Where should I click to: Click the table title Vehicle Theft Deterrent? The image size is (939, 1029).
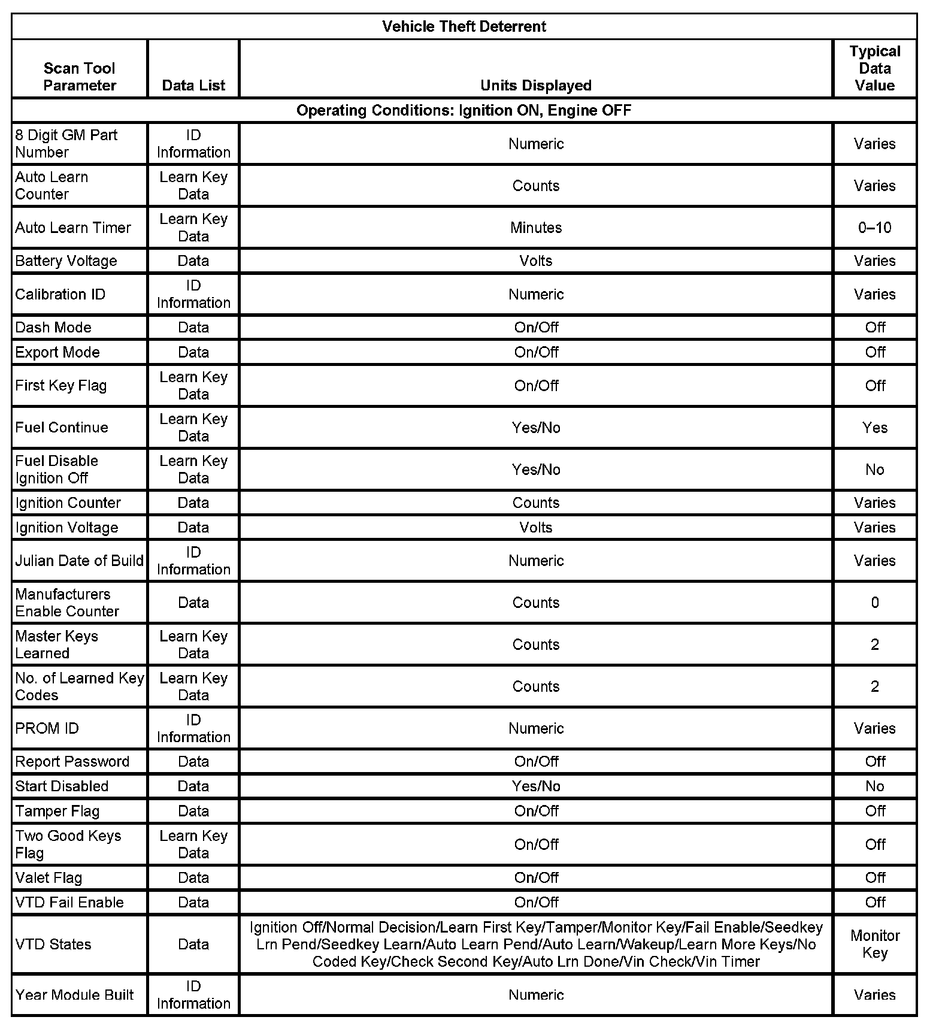click(x=464, y=26)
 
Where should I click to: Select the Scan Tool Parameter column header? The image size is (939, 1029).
click(x=79, y=77)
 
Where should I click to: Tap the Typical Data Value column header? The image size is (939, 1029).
click(x=874, y=68)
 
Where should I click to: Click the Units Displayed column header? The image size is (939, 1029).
click(x=535, y=85)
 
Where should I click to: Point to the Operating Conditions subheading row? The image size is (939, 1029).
click(x=464, y=110)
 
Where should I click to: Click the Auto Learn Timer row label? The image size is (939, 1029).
click(x=73, y=228)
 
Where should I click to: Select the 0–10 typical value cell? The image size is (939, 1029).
click(x=874, y=228)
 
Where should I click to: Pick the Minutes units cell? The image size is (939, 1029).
click(x=535, y=228)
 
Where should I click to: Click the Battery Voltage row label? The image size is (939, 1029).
click(x=66, y=261)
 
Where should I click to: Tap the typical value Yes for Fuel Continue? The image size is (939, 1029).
click(x=874, y=428)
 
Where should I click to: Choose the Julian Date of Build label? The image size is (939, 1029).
click(x=79, y=561)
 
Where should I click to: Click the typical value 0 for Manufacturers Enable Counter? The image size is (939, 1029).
click(x=874, y=603)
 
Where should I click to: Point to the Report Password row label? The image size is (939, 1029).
click(x=72, y=761)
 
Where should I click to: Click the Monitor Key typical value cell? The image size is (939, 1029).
click(x=874, y=944)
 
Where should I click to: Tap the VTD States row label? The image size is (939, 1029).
click(x=53, y=944)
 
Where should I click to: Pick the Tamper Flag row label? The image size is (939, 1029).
click(x=57, y=811)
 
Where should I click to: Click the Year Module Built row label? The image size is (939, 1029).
click(x=74, y=995)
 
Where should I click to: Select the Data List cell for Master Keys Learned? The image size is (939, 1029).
click(x=193, y=644)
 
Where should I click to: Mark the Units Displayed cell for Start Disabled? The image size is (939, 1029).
click(x=535, y=786)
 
